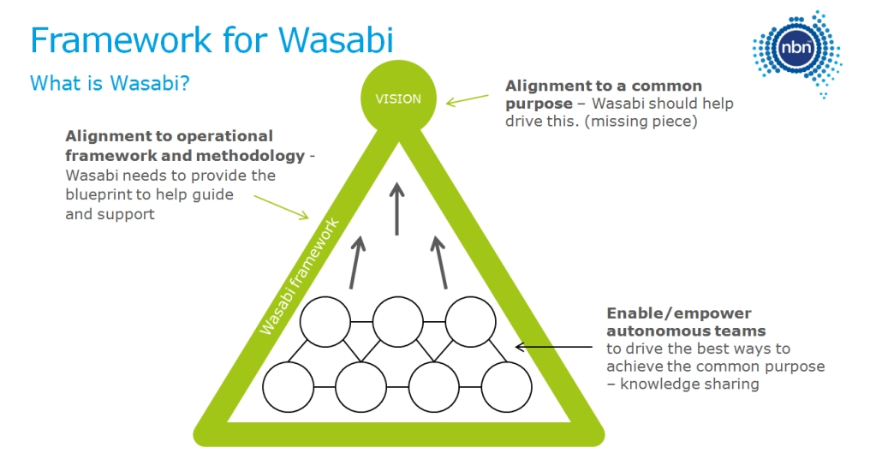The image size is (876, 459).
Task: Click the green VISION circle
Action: (398, 98)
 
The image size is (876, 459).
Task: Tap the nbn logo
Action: (795, 51)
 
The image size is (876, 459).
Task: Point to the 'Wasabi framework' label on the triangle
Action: (300, 277)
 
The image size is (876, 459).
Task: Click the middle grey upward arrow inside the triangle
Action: (397, 207)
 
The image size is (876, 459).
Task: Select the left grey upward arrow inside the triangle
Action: (355, 261)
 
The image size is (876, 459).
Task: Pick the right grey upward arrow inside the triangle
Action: (440, 261)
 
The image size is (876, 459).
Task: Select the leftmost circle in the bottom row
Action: (288, 388)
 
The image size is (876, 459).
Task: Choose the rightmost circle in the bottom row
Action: (507, 388)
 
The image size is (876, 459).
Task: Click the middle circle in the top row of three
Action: (398, 322)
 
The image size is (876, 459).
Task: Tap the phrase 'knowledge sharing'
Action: (689, 384)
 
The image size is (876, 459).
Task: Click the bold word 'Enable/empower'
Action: (667, 313)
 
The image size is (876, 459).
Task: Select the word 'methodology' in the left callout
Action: (258, 155)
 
